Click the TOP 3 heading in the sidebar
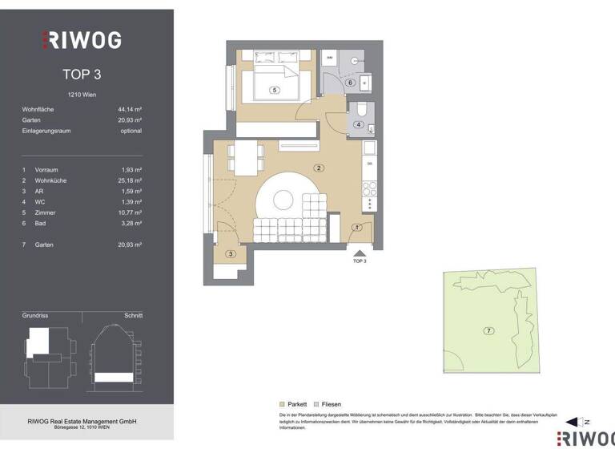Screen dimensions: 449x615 click(x=82, y=75)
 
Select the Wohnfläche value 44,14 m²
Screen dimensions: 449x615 click(x=127, y=108)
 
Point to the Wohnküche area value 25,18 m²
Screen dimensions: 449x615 click(x=127, y=181)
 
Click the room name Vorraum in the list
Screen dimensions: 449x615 click(x=46, y=170)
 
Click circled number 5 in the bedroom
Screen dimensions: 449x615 click(x=274, y=91)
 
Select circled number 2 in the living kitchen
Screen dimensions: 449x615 click(x=319, y=168)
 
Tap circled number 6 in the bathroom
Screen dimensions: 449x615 click(x=350, y=83)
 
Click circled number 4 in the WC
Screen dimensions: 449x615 click(x=360, y=124)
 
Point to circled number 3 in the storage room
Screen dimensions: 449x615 click(x=231, y=254)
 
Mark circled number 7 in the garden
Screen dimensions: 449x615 click(x=488, y=330)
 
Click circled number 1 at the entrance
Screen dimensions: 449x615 click(x=357, y=228)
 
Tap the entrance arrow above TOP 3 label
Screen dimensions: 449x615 click(x=359, y=252)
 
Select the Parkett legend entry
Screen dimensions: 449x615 click(x=295, y=404)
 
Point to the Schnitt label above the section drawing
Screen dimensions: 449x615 click(x=132, y=316)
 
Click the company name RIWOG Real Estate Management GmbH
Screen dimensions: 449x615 click(x=82, y=421)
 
